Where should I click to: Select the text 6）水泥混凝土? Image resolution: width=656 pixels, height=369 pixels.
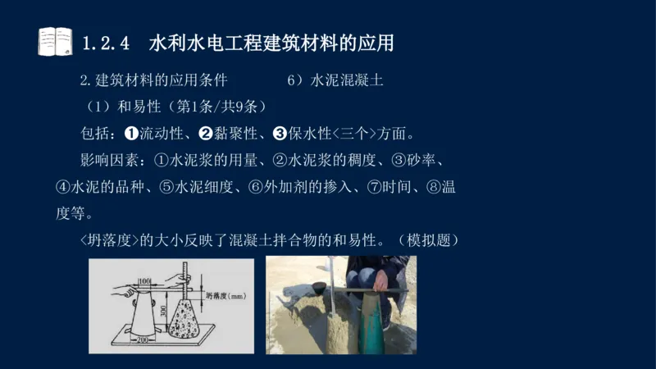pos(335,81)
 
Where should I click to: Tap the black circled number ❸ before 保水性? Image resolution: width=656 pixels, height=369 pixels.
pos(279,133)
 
